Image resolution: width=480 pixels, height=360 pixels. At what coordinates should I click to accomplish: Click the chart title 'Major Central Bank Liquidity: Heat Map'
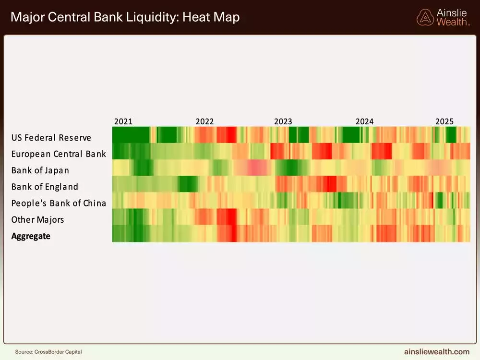point(125,18)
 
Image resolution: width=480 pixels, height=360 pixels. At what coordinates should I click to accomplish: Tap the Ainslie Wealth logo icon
point(425,17)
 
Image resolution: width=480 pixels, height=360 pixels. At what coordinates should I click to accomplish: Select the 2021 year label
point(123,121)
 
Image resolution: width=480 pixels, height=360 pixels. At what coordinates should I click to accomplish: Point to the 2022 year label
point(205,121)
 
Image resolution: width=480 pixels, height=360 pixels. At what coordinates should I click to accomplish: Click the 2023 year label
point(283,121)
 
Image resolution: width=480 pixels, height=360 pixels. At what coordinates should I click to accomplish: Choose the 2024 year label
point(364,121)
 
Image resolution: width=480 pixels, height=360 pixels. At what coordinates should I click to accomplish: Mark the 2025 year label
point(444,121)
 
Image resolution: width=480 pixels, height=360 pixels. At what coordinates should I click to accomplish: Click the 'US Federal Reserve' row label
point(51,138)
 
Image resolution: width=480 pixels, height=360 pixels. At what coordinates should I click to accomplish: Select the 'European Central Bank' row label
point(59,154)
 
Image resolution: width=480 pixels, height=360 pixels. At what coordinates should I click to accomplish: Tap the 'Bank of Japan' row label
point(40,170)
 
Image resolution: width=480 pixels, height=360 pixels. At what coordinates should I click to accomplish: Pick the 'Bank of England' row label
point(45,187)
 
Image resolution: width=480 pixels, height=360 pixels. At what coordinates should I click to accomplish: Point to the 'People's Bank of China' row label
point(59,203)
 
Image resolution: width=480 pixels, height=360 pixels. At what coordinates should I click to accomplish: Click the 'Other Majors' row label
point(38,219)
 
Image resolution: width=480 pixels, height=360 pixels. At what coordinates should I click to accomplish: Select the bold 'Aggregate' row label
point(31,236)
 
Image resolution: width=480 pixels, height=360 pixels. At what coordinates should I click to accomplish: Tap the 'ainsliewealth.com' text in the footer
point(437,352)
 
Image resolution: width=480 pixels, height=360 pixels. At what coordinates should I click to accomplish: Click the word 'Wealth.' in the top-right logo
point(453,22)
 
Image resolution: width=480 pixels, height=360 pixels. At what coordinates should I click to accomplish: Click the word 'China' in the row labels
point(94,203)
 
